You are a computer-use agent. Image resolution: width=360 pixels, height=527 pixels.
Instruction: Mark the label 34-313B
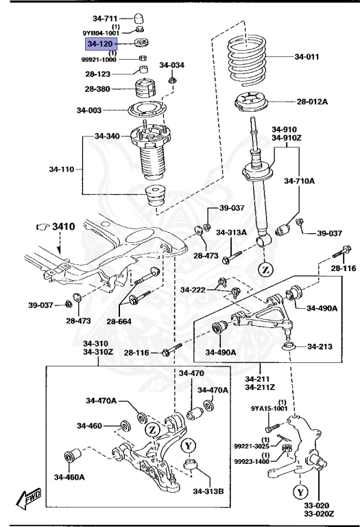click(208, 490)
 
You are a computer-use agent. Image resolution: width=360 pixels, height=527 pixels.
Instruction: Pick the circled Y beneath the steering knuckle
click(300, 491)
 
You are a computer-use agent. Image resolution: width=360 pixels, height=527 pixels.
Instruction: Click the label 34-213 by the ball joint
click(320, 346)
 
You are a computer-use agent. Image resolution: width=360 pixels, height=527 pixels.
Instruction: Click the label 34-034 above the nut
click(172, 65)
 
